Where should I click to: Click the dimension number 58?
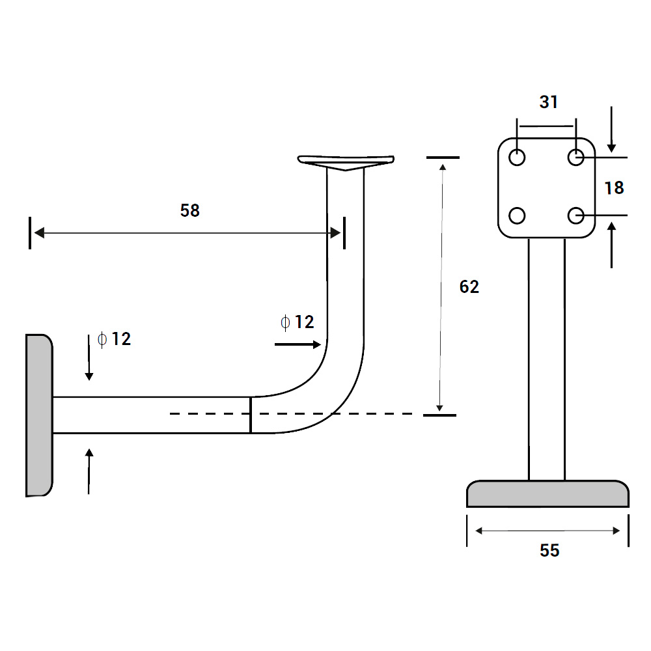pyautogui.click(x=190, y=210)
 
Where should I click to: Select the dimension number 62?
pyautogui.click(x=469, y=287)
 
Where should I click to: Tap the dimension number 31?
pyautogui.click(x=549, y=102)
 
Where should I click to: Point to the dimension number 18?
pyautogui.click(x=614, y=187)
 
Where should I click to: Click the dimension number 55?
pyautogui.click(x=549, y=551)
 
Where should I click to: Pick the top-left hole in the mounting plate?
pyautogui.click(x=518, y=158)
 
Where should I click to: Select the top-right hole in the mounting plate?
pyautogui.click(x=575, y=158)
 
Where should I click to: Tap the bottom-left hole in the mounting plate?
pyautogui.click(x=518, y=215)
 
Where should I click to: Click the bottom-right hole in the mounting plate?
pyautogui.click(x=575, y=215)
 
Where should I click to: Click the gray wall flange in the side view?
pyautogui.click(x=38, y=415)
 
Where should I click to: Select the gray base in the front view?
pyautogui.click(x=547, y=494)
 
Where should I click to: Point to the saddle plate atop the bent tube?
pyautogui.click(x=346, y=161)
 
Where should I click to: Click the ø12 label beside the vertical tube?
pyautogui.click(x=297, y=322)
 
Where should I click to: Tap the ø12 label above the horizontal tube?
pyautogui.click(x=114, y=339)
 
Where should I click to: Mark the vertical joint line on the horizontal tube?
pyautogui.click(x=251, y=415)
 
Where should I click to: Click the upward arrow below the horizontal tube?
pyautogui.click(x=89, y=471)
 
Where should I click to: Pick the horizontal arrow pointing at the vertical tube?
pyautogui.click(x=298, y=343)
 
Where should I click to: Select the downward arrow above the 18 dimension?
pyautogui.click(x=611, y=128)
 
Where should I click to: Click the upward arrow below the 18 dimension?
pyautogui.click(x=611, y=245)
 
